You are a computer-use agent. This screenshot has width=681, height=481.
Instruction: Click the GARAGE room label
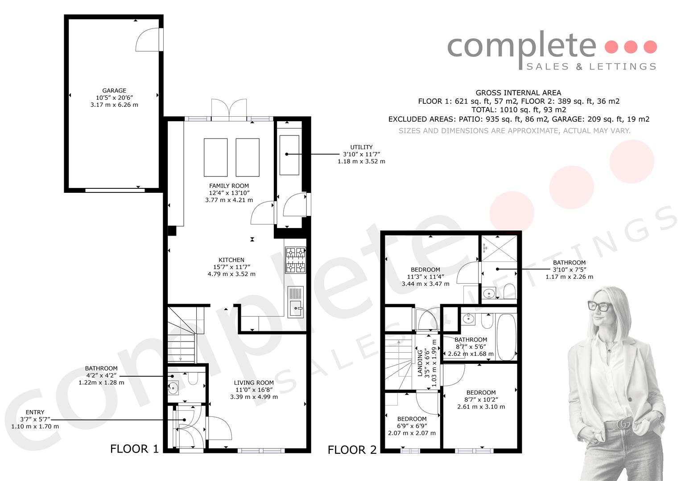click(114, 90)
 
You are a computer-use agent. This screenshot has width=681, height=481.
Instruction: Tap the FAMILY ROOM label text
click(229, 186)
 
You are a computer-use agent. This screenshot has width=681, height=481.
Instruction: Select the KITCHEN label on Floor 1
click(231, 260)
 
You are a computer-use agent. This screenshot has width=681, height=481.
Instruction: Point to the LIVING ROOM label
click(254, 383)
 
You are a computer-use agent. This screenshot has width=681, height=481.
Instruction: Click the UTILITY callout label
click(361, 147)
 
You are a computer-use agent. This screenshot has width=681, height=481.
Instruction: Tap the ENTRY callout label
click(35, 412)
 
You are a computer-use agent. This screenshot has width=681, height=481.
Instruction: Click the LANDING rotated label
click(420, 363)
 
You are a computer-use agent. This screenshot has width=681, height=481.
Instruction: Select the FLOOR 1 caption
click(134, 449)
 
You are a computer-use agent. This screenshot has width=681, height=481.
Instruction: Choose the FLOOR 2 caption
click(352, 450)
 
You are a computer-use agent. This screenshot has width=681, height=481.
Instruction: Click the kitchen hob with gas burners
click(295, 260)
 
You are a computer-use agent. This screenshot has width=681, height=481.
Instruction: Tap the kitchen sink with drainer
click(296, 302)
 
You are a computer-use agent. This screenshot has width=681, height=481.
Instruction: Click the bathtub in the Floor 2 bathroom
click(507, 337)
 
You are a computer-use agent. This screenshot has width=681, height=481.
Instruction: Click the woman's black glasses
click(600, 306)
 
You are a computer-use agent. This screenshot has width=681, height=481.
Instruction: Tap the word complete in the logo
click(522, 46)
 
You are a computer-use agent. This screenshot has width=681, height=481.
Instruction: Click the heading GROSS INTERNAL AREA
click(518, 93)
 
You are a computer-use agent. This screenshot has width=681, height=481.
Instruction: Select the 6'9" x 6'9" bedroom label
click(412, 426)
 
